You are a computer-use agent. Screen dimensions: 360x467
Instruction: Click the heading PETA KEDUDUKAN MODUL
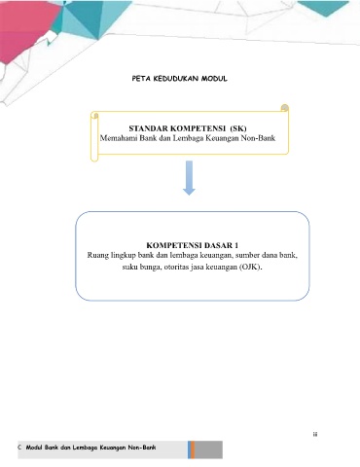[x=179, y=79]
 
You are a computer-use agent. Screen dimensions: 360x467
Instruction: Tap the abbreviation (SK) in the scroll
[x=238, y=128]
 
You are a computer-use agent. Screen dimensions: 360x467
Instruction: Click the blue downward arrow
[x=189, y=178]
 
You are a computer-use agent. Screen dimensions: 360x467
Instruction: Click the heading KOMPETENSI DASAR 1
[x=193, y=245]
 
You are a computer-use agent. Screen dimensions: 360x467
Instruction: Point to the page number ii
[x=315, y=435]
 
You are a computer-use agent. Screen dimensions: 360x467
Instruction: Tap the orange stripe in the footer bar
[x=193, y=449]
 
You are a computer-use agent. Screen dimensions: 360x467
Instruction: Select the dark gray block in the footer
[x=208, y=449]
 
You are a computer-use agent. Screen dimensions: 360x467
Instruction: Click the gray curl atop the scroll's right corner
[x=284, y=108]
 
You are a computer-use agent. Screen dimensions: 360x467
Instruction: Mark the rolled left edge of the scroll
[x=94, y=136]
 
